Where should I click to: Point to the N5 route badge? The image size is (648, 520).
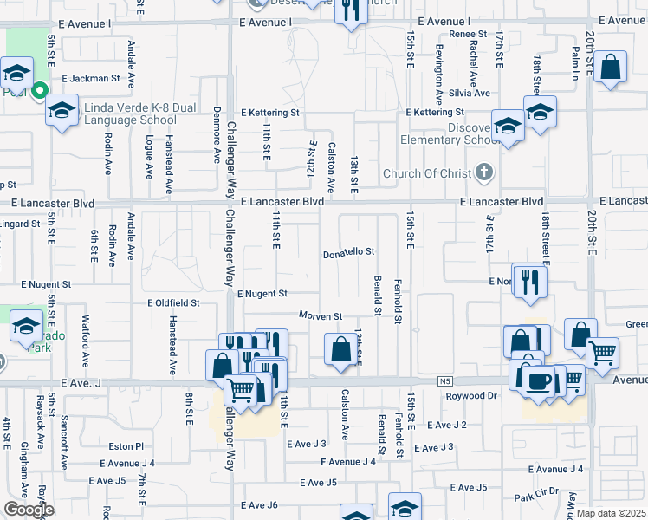[x=445, y=380]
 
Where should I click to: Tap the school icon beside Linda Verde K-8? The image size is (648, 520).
[x=61, y=110]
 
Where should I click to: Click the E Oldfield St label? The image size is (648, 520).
[x=173, y=303]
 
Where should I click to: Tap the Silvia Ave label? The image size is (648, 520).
[x=470, y=93]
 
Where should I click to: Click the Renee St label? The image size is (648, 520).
[x=468, y=33]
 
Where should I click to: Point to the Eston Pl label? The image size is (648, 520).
[x=126, y=446]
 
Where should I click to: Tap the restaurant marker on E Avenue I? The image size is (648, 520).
[x=350, y=11]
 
